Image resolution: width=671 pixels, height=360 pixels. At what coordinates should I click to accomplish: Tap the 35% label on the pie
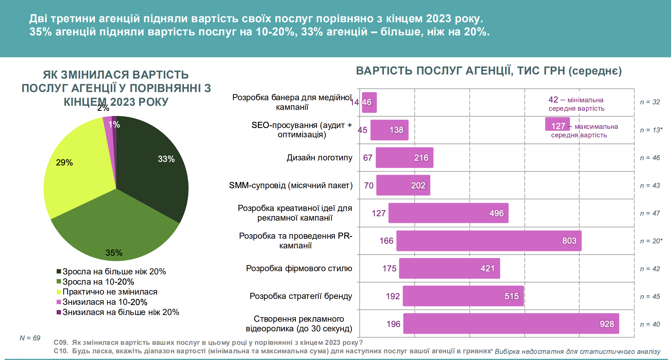[x=114, y=253]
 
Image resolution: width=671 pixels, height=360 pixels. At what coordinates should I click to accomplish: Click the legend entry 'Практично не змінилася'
[x=110, y=292]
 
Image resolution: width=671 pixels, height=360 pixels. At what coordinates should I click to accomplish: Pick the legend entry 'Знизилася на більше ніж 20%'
[x=121, y=312]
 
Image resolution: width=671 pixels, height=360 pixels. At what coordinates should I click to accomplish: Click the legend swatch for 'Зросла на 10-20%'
[x=59, y=281]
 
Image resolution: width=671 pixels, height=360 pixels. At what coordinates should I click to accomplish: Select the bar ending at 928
[x=511, y=323]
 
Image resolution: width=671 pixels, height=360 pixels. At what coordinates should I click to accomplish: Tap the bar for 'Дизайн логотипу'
[x=404, y=157]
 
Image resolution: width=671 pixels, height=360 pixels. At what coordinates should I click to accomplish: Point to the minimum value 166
[x=386, y=241]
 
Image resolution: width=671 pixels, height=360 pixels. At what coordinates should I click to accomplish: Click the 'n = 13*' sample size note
[x=651, y=130]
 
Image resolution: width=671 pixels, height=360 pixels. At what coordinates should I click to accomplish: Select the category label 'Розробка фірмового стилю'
[x=299, y=268]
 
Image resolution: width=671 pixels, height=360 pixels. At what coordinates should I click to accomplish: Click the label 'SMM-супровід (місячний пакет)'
[x=291, y=185]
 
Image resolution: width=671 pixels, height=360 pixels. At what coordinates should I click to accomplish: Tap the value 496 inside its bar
[x=496, y=213]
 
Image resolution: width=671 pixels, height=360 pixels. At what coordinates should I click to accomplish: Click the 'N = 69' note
[x=30, y=338]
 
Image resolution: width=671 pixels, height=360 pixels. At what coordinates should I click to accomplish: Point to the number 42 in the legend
[x=553, y=100]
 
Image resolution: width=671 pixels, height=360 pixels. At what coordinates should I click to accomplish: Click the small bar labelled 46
[x=369, y=102]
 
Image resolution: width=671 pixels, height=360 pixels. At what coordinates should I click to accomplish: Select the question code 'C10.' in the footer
[x=61, y=351]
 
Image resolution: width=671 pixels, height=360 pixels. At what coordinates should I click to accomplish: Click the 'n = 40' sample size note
[x=650, y=324]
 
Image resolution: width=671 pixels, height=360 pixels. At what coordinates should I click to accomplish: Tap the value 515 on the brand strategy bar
[x=512, y=296]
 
